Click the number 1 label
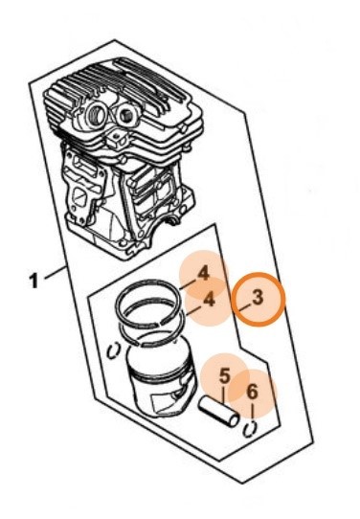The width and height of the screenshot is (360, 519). [x=34, y=281]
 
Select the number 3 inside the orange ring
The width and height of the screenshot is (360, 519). [x=258, y=297]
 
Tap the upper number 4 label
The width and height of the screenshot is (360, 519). [x=204, y=274]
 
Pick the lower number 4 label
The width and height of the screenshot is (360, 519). [x=209, y=300]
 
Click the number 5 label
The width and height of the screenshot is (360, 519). [x=224, y=376]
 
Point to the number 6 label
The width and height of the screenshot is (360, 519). [x=252, y=393]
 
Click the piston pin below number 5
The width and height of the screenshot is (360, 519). [x=218, y=412]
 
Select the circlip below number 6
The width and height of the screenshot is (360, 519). [x=250, y=428]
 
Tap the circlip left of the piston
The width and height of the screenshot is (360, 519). [x=114, y=350]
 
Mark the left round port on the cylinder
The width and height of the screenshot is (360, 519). [x=97, y=115]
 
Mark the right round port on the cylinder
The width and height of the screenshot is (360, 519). [x=127, y=116]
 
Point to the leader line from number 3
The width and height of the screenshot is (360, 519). [x=245, y=308]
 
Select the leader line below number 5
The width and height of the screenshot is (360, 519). [x=223, y=395]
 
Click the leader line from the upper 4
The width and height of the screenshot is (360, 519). [x=188, y=285]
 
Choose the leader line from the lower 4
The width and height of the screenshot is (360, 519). [x=193, y=310]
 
